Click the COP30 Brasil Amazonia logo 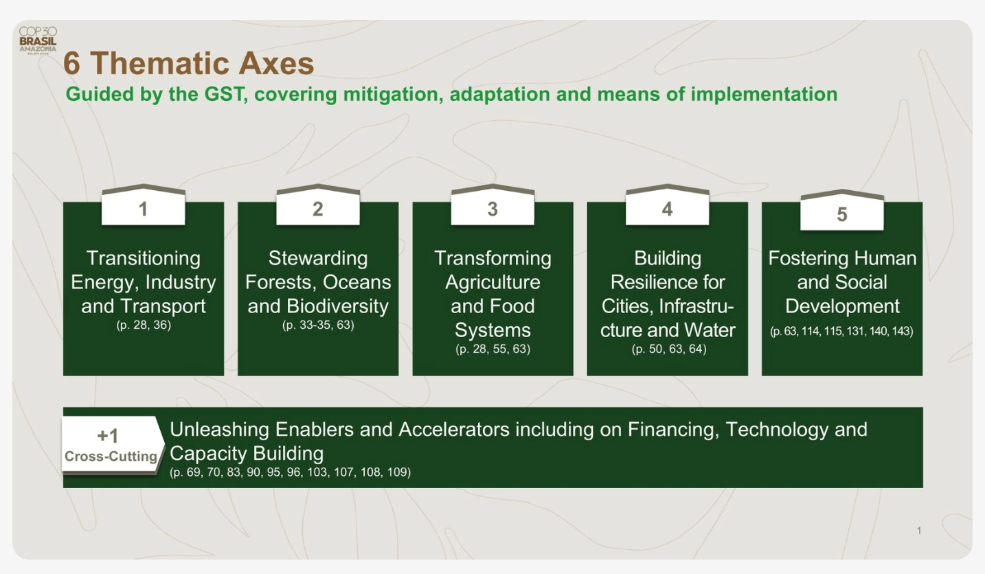(x=38, y=41)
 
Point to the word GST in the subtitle (x=224, y=94)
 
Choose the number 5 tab (x=841, y=210)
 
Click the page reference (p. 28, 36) (x=144, y=325)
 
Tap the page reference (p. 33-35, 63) (x=318, y=325)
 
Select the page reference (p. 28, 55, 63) (x=493, y=349)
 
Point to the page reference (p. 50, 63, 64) (x=669, y=349)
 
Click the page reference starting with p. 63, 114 (x=841, y=331)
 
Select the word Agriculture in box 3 (x=493, y=282)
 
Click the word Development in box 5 (x=842, y=306)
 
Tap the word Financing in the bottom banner (x=673, y=430)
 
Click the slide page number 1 (x=918, y=531)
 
